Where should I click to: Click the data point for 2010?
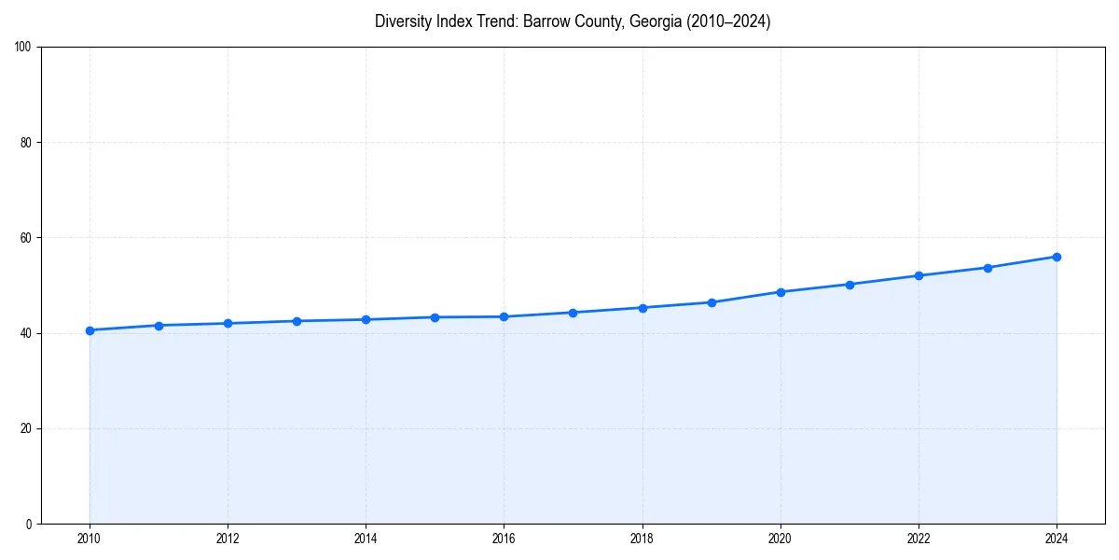tap(90, 330)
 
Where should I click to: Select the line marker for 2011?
tap(159, 326)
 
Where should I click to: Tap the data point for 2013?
tap(297, 321)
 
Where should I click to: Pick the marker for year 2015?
tap(435, 317)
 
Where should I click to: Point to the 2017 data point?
tap(573, 313)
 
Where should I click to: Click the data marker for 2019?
tap(711, 302)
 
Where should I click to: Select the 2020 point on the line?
tap(781, 292)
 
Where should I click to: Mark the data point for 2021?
tap(850, 285)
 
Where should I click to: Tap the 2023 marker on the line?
tap(988, 268)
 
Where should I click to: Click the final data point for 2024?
tap(1057, 257)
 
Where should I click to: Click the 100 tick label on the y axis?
tap(23, 48)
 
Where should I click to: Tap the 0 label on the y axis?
tap(29, 524)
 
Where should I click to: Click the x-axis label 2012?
tap(228, 539)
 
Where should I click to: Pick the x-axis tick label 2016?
tap(504, 539)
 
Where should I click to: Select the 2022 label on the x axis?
tap(919, 539)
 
